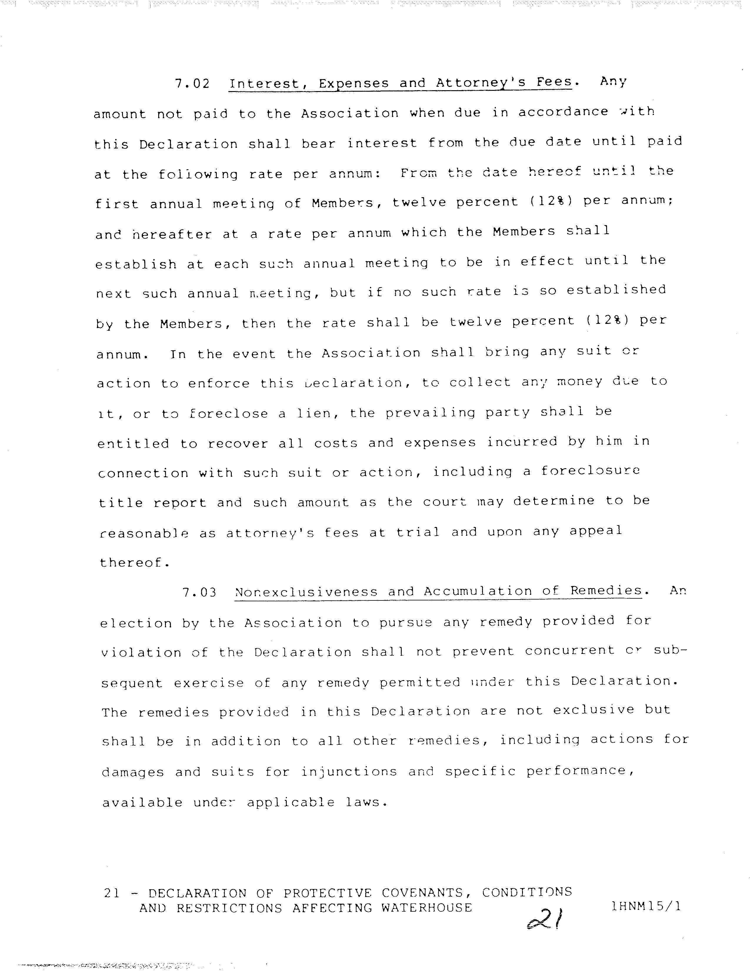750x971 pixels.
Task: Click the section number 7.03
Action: click(x=199, y=592)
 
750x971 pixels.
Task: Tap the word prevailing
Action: click(x=430, y=413)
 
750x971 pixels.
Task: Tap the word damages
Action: click(x=133, y=773)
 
